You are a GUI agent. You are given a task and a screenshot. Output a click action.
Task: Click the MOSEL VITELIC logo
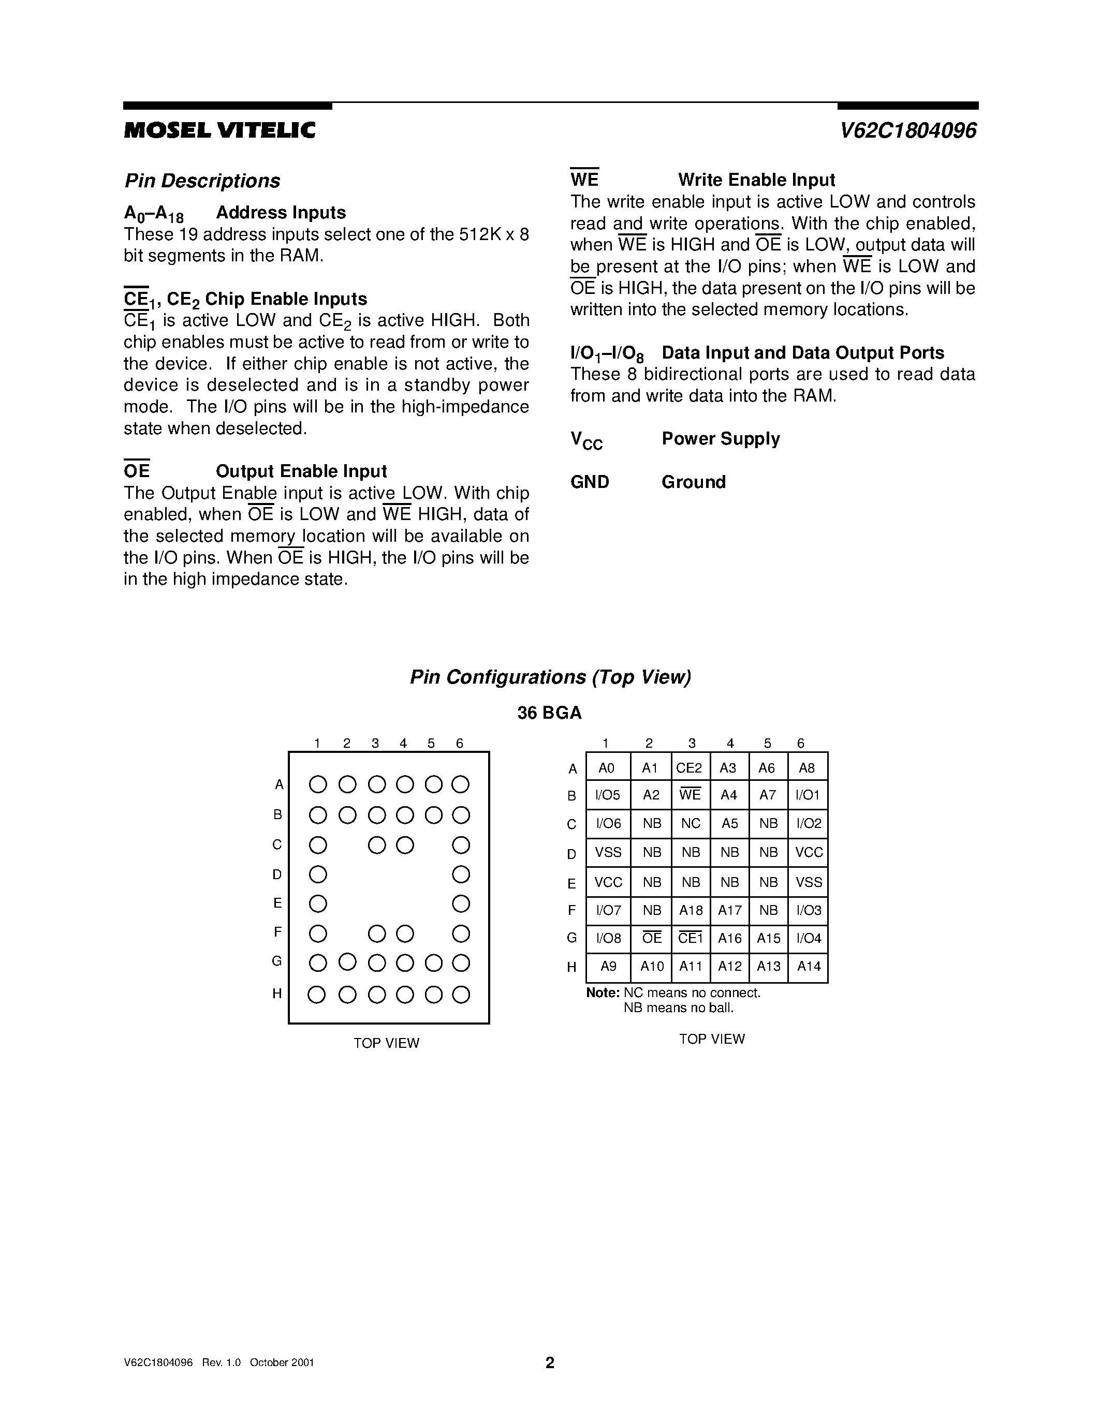pyautogui.click(x=219, y=130)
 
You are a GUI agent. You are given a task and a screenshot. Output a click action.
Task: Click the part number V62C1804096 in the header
pyautogui.click(x=908, y=130)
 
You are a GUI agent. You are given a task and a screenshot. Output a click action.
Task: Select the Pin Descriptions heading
pyautogui.click(x=202, y=181)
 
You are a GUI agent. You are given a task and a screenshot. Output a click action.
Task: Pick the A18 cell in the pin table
pyautogui.click(x=691, y=910)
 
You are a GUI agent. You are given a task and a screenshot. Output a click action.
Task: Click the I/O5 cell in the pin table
pyautogui.click(x=608, y=795)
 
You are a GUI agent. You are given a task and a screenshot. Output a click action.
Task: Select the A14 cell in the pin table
pyautogui.click(x=808, y=966)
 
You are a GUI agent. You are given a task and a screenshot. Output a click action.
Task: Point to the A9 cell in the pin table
pyautogui.click(x=608, y=966)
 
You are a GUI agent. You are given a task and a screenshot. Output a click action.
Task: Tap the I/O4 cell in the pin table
pyautogui.click(x=808, y=938)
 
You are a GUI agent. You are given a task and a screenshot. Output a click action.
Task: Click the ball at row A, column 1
pyautogui.click(x=317, y=784)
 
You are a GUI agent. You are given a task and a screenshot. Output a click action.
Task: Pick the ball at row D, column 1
pyautogui.click(x=317, y=874)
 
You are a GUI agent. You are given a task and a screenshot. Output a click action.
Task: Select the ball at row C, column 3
pyautogui.click(x=377, y=846)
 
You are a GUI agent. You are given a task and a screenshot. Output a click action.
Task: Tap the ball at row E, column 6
pyautogui.click(x=461, y=903)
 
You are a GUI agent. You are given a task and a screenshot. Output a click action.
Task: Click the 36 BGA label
pyautogui.click(x=549, y=713)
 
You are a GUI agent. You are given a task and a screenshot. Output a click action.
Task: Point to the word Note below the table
pyautogui.click(x=602, y=992)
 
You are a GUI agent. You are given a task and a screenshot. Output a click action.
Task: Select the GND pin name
pyautogui.click(x=590, y=482)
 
